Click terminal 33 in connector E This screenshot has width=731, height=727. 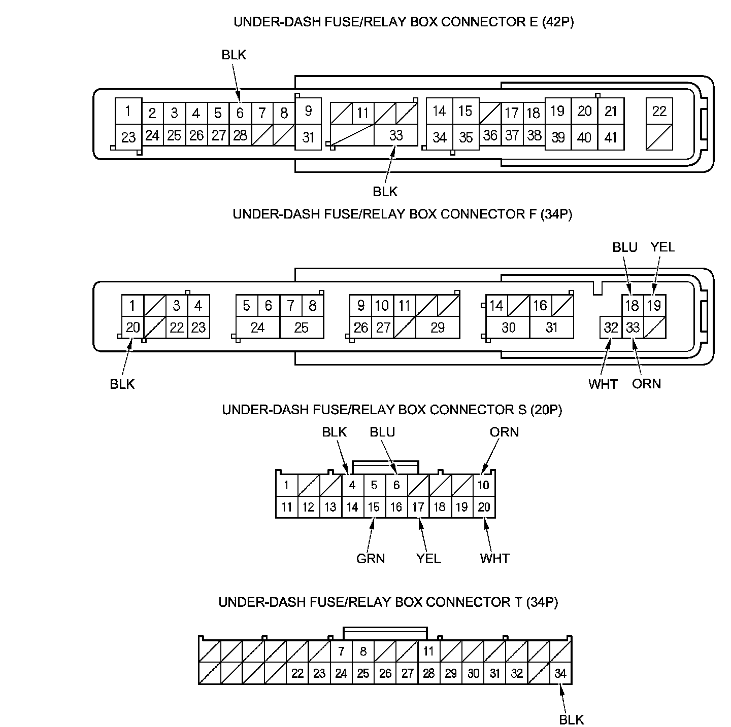click(x=395, y=135)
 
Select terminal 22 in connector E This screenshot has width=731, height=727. click(x=659, y=111)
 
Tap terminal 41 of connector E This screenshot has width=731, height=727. click(x=611, y=137)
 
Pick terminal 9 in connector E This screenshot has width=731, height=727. click(x=308, y=111)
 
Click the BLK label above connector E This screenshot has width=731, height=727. click(x=234, y=55)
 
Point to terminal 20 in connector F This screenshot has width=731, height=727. click(x=132, y=328)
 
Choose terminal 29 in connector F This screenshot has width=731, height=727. click(x=437, y=328)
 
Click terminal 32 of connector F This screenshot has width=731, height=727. click(x=611, y=328)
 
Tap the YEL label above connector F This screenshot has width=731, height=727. click(x=662, y=247)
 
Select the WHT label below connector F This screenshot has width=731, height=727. click(x=603, y=384)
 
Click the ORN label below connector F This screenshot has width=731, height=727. click(x=646, y=384)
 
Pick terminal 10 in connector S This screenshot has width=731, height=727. click(x=483, y=485)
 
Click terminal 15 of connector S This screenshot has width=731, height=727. click(x=374, y=507)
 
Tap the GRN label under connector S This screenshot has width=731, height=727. click(x=371, y=559)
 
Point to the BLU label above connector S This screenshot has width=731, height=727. click(x=382, y=432)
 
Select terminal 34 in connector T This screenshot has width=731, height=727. click(x=560, y=674)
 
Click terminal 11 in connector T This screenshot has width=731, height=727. click(x=429, y=651)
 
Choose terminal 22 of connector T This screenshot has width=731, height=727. click(x=297, y=674)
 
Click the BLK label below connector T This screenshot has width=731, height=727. click(x=572, y=720)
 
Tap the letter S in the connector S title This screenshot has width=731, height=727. click(x=521, y=410)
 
